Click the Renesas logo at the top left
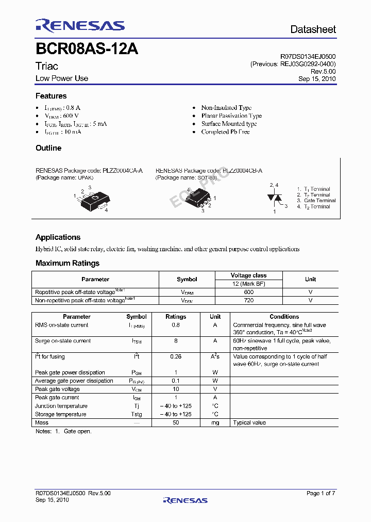point(80,26)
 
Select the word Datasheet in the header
point(313,29)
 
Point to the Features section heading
point(51,96)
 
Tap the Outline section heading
point(48,148)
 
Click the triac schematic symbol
point(274,198)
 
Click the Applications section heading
point(58,237)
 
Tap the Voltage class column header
point(248,275)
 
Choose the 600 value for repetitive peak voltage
point(248,292)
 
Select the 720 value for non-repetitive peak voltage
point(248,300)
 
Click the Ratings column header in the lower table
point(176,317)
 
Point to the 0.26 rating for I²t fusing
point(176,357)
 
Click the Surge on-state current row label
point(63,341)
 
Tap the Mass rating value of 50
point(176,423)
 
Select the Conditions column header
point(284,317)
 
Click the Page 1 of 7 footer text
point(321,494)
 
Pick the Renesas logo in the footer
point(185,500)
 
